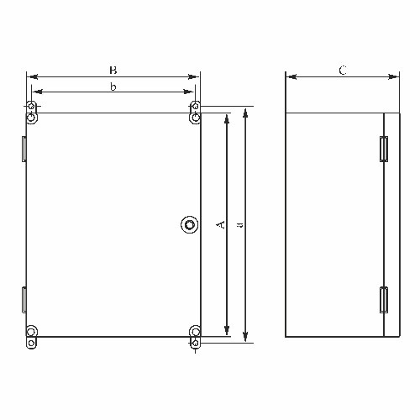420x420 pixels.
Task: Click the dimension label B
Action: coord(113,70)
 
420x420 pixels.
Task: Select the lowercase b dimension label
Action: coord(113,87)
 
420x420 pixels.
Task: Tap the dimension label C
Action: coord(343,71)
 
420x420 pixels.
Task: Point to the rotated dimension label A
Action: coord(221,224)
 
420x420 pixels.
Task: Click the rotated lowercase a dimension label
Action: coord(239,225)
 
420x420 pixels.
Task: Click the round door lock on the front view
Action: coord(190,224)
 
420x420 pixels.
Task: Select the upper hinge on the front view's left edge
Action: coord(24,149)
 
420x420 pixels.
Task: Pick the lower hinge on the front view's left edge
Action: coord(24,300)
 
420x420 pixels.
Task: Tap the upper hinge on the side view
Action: coord(384,149)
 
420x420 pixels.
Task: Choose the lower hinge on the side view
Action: coord(384,300)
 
